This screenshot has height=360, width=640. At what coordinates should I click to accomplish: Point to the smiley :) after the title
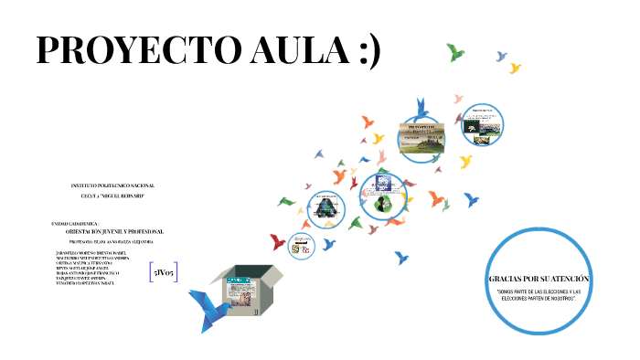[x=365, y=51]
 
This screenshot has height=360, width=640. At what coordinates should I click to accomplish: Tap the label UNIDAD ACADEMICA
[x=82, y=223]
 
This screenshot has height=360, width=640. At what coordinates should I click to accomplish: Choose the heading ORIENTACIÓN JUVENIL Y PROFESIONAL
[x=114, y=231]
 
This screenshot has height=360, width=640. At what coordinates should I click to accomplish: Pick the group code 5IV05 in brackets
[x=165, y=272]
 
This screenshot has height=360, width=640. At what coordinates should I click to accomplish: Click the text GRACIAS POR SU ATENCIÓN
[x=539, y=278]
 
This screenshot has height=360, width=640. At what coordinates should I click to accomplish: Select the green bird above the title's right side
[x=454, y=51]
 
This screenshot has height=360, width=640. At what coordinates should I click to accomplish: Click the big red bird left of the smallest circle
[x=278, y=241]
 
